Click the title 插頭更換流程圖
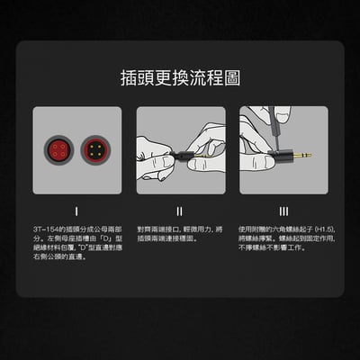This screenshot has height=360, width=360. click(180, 78)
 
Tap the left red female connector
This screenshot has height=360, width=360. click(58, 148)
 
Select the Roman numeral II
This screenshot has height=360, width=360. click(180, 211)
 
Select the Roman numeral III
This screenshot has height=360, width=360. click(283, 211)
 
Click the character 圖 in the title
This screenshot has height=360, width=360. click(231, 78)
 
